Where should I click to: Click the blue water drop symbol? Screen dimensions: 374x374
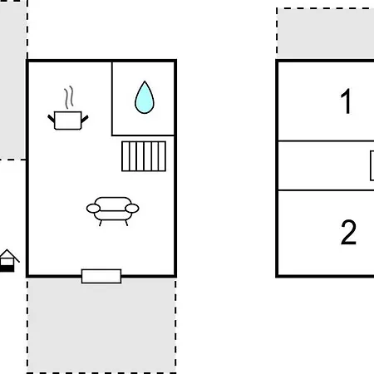pyautogui.click(x=145, y=98)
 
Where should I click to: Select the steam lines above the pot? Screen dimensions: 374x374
pyautogui.click(x=69, y=97)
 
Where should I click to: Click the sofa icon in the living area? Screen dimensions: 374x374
pyautogui.click(x=112, y=211)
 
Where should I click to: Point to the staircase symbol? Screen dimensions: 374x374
pyautogui.click(x=144, y=156)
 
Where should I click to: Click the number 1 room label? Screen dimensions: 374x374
pyautogui.click(x=347, y=101)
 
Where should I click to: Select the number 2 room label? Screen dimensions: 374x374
pyautogui.click(x=348, y=232)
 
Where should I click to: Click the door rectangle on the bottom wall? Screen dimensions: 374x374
pyautogui.click(x=101, y=276)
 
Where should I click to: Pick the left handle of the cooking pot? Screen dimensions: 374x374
pyautogui.click(x=52, y=119)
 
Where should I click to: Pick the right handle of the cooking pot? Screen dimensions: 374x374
pyautogui.click(x=85, y=119)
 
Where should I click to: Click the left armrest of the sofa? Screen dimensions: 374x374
pyautogui.click(x=93, y=209)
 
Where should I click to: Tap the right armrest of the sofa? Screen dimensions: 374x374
pyautogui.click(x=132, y=209)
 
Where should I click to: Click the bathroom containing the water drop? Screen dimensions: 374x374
pyautogui.click(x=143, y=98)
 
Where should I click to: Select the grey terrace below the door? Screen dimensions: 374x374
pyautogui.click(x=101, y=326)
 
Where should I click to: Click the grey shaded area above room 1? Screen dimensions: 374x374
pyautogui.click(x=326, y=33)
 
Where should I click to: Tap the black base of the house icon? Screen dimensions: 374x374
pyautogui.click(x=7, y=268)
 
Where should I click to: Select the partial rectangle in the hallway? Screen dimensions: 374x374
pyautogui.click(x=372, y=165)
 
